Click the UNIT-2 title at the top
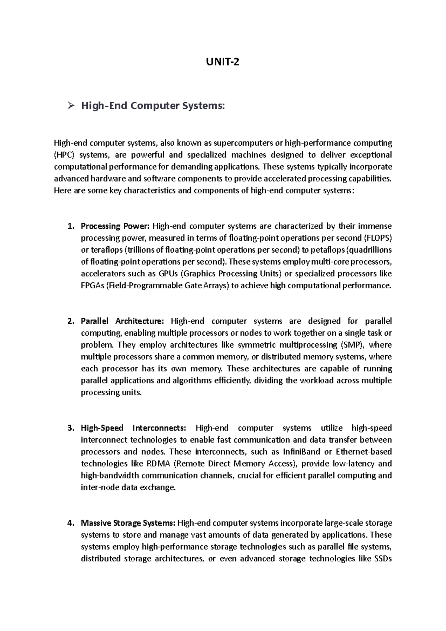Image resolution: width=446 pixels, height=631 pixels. pyautogui.click(x=223, y=62)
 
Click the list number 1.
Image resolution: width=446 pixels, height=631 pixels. pyautogui.click(x=71, y=226)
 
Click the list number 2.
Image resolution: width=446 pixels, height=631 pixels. pyautogui.click(x=71, y=321)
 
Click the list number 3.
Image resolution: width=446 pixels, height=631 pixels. pyautogui.click(x=71, y=428)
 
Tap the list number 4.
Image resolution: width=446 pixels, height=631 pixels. pyautogui.click(x=71, y=523)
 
